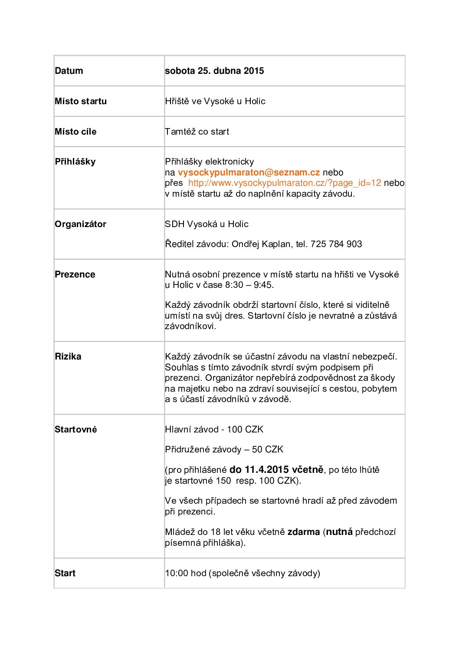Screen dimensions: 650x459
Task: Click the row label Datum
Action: (x=69, y=71)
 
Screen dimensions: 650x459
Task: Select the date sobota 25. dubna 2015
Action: (x=214, y=71)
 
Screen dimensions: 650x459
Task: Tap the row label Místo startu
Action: (x=81, y=101)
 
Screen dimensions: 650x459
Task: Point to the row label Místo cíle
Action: (x=75, y=132)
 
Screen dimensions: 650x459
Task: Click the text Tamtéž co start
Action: (x=197, y=132)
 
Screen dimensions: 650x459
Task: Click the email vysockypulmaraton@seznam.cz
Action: (x=249, y=172)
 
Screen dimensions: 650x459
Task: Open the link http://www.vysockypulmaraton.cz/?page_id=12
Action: (x=285, y=183)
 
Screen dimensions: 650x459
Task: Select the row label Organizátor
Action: (x=80, y=224)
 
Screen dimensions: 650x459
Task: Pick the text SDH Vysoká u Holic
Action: (x=207, y=224)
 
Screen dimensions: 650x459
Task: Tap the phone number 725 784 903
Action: (x=336, y=244)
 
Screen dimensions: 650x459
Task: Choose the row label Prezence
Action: (x=75, y=274)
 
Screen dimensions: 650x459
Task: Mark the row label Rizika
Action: (x=68, y=356)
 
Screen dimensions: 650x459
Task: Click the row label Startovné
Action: (x=75, y=429)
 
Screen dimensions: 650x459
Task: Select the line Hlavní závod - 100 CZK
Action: (x=214, y=429)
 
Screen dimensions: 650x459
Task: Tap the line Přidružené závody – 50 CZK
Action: (x=224, y=449)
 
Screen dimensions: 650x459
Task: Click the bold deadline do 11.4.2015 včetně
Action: (x=276, y=469)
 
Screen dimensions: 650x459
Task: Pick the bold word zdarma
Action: (x=304, y=532)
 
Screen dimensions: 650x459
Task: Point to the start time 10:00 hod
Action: (x=186, y=573)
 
